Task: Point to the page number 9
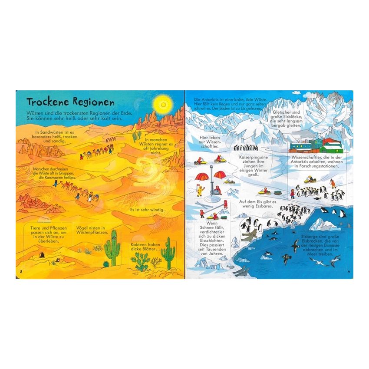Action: (x=350, y=272)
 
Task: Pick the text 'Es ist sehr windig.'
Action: (x=147, y=211)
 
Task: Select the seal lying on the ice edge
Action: (x=250, y=236)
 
